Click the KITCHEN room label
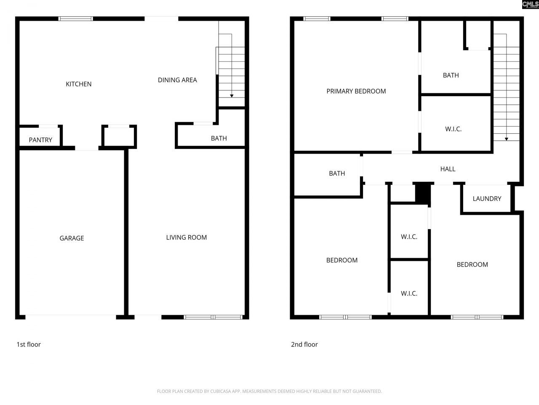[x=78, y=84]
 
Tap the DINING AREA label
[x=177, y=80]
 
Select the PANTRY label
[x=40, y=140]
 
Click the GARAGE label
[x=72, y=238]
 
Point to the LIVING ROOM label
[x=186, y=238]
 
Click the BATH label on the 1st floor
[x=219, y=138]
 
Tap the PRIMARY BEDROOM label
[x=356, y=91]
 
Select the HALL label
[x=448, y=169]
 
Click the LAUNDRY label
[x=487, y=199]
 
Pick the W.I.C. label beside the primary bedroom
[x=453, y=129]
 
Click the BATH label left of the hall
[x=337, y=173]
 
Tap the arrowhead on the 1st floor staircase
[x=232, y=96]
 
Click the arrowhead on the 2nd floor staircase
[x=506, y=139]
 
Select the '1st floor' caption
[x=29, y=344]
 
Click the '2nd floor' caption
[x=304, y=344]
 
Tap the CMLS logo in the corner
[x=530, y=5]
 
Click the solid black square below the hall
[x=422, y=193]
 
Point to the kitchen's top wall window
[x=75, y=19]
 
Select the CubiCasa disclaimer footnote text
[x=269, y=391]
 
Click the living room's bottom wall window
[x=214, y=317]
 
